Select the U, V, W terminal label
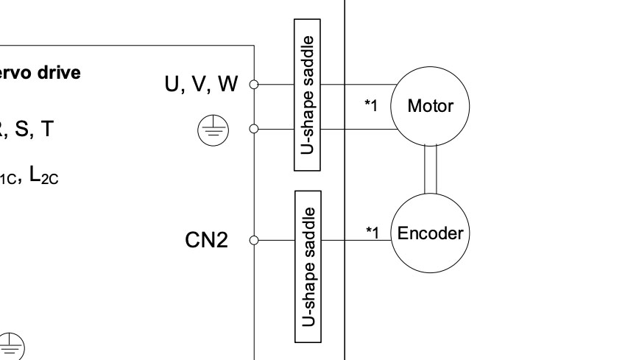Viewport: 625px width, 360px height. (x=201, y=85)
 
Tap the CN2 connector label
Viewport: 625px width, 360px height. (x=206, y=240)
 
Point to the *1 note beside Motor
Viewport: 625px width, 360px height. (x=371, y=106)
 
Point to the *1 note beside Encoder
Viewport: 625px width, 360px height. (x=372, y=233)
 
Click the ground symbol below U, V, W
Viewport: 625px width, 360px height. (x=213, y=130)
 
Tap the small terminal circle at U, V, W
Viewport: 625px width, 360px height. (x=254, y=84)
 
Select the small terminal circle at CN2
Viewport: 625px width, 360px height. (x=254, y=240)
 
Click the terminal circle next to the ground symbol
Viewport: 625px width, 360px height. (x=254, y=130)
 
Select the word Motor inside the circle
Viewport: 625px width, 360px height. (x=430, y=106)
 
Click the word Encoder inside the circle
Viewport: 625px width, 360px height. (x=430, y=234)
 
